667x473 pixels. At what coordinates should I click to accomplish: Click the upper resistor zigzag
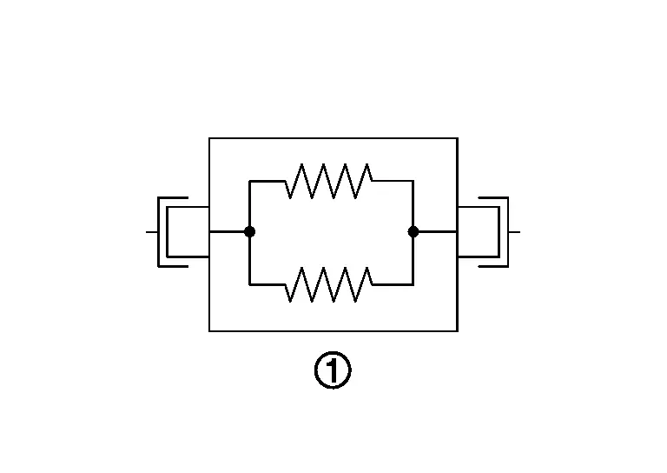[331, 181]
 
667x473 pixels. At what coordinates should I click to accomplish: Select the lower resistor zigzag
[331, 283]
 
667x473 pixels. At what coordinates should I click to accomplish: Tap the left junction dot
[249, 231]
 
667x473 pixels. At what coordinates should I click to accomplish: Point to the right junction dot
[413, 231]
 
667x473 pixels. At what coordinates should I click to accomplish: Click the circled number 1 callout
[333, 372]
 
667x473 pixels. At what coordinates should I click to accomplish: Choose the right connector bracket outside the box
[492, 231]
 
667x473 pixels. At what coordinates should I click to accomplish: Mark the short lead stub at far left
[151, 232]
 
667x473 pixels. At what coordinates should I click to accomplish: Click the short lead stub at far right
[514, 232]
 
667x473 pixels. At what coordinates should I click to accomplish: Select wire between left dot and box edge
[229, 231]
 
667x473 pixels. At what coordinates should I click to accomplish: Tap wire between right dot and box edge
[435, 231]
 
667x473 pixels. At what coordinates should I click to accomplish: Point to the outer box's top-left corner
[209, 138]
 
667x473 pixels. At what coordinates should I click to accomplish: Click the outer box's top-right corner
[457, 138]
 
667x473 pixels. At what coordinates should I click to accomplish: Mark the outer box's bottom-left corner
[209, 330]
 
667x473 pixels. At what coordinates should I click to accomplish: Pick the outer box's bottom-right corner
[457, 330]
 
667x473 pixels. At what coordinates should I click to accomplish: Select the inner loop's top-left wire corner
[249, 181]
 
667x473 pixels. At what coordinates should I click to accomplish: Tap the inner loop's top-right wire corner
[413, 181]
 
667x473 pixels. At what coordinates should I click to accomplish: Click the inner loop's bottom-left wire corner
[249, 283]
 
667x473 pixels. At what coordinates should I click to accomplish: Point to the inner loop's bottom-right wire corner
[413, 283]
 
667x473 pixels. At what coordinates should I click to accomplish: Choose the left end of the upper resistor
[287, 181]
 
